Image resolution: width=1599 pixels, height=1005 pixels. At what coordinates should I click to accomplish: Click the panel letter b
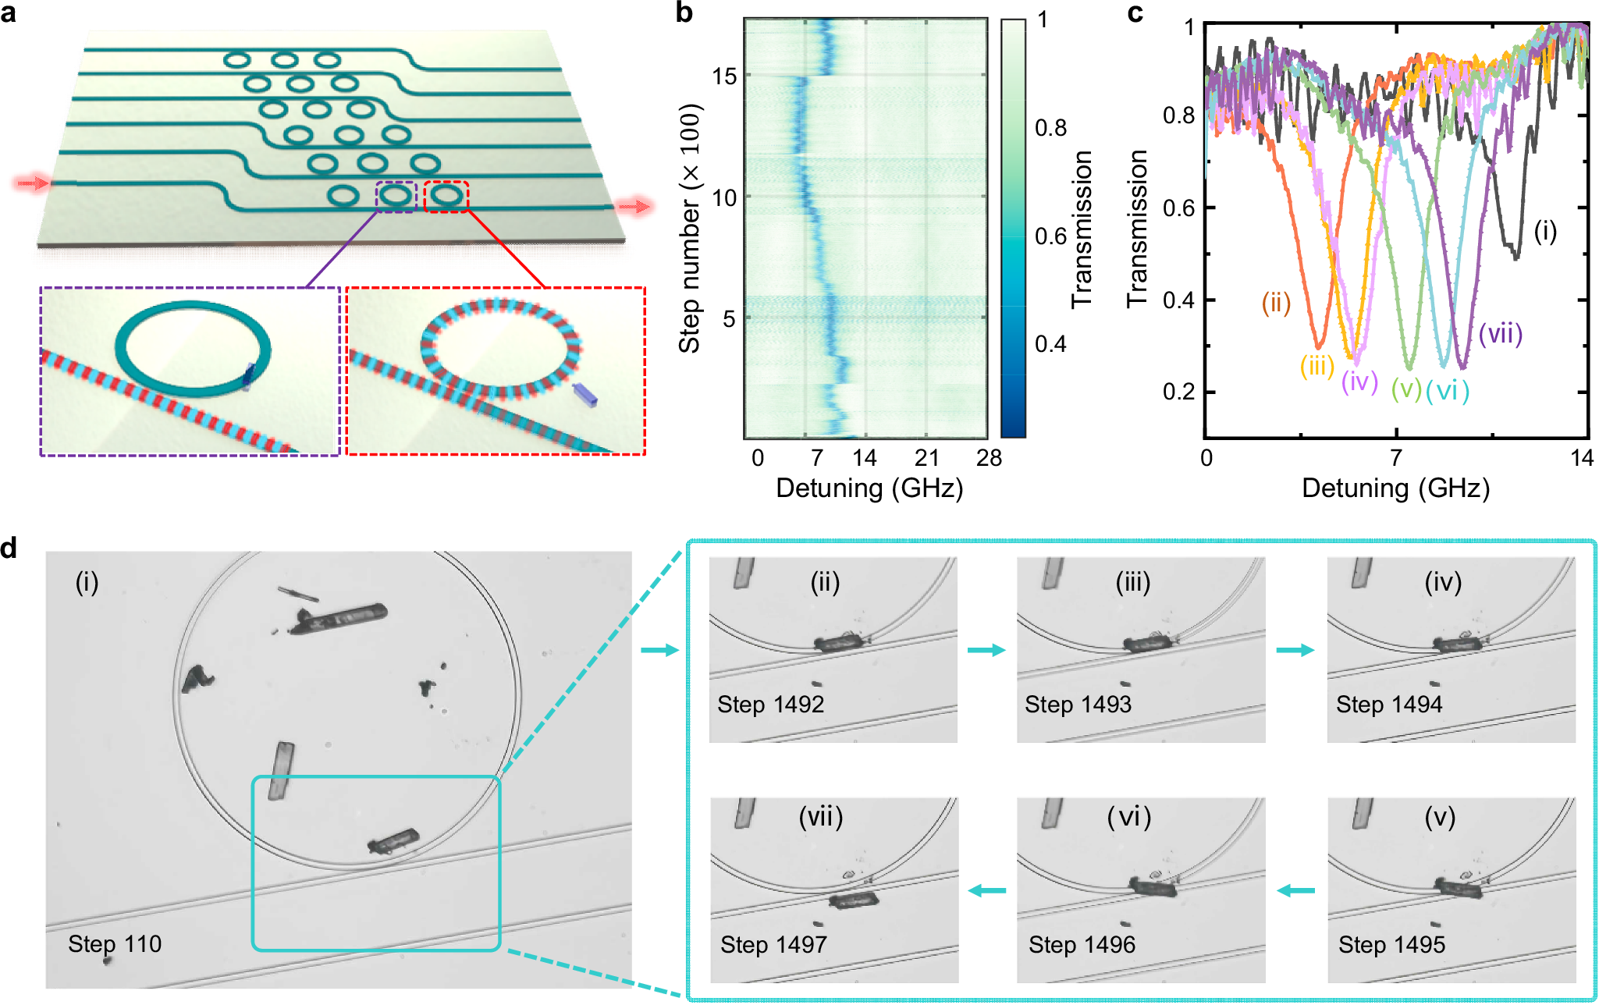pos(684,13)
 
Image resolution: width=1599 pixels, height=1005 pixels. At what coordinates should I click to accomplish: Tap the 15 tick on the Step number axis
pos(725,76)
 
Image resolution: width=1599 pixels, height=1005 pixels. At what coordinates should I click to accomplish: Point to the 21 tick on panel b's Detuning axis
pos(926,457)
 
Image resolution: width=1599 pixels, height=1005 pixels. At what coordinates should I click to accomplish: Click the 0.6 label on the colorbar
pos(1050,236)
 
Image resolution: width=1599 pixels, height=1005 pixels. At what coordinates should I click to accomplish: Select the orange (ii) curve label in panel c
pos(1277,303)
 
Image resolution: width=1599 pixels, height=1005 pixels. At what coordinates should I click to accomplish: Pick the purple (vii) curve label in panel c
pos(1500,334)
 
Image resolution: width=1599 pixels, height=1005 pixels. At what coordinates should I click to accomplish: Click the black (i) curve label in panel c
pos(1545,231)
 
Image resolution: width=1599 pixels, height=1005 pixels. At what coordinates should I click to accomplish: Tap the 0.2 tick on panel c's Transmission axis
pos(1178,391)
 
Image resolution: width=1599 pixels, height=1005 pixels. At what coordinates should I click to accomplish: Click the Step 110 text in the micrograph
pos(115,943)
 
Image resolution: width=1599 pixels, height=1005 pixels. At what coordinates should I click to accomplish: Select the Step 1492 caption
pos(770,704)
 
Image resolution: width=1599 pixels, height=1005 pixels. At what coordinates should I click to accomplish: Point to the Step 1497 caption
pos(773,944)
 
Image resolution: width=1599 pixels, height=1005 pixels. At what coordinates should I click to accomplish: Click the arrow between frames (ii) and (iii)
pos(986,650)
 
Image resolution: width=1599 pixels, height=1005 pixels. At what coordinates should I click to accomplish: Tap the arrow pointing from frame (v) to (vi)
pos(1295,890)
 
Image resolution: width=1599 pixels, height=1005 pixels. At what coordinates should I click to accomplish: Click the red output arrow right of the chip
pos(634,206)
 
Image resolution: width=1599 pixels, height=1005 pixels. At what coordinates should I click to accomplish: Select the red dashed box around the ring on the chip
pos(446,196)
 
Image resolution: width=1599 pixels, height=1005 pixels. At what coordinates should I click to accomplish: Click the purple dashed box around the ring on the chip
pos(396,196)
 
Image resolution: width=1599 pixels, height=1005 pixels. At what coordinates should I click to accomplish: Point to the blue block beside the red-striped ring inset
pos(585,395)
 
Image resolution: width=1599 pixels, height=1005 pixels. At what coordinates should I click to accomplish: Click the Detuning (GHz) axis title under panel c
pos(1395,488)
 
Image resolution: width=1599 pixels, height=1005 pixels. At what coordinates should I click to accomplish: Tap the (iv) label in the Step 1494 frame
pos(1442,582)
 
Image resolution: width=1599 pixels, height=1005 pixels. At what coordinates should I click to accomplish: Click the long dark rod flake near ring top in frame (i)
pos(339,618)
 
